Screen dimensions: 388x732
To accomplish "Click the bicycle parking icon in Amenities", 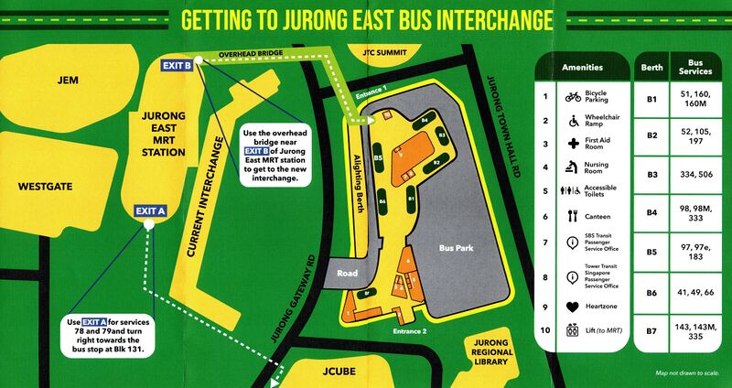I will (573, 96).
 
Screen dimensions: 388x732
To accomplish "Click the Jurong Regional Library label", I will (490, 350).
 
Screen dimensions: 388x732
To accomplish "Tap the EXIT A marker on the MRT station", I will (150, 210).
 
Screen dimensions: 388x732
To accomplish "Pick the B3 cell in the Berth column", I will (653, 174).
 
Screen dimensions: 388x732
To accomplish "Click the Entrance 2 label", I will (411, 331).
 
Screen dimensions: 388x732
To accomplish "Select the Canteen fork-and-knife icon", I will (573, 216).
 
